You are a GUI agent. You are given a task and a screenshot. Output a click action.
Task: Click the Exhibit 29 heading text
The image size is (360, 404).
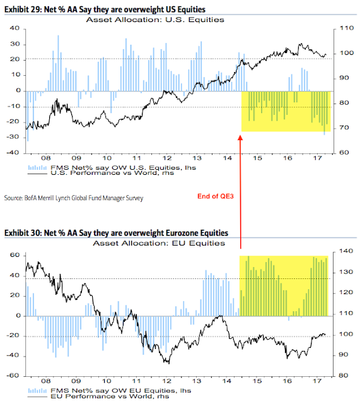tap(105, 9)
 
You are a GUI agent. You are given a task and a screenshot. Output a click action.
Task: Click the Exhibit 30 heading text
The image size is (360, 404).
tap(116, 233)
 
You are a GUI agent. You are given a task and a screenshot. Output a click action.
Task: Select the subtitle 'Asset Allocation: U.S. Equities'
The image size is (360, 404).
tap(155, 20)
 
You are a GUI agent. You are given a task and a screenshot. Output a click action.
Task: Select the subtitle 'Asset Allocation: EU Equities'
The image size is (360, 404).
tap(159, 243)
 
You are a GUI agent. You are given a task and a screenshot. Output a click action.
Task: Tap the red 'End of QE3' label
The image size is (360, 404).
tap(216, 196)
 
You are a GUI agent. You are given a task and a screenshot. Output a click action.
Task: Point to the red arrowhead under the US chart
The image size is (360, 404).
tap(240, 138)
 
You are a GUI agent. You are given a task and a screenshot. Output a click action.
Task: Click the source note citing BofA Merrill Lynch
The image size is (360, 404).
tap(74, 198)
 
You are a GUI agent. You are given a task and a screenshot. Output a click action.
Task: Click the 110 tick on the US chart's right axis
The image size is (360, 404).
tap(347, 28)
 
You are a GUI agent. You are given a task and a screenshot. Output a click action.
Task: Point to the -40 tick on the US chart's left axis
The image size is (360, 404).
tap(13, 153)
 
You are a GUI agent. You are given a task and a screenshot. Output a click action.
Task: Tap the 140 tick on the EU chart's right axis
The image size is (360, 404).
tap(346, 251)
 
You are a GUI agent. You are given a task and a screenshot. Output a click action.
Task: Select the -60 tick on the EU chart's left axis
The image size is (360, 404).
tap(13, 376)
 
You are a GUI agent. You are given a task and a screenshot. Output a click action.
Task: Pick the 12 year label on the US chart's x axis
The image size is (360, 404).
tap(167, 158)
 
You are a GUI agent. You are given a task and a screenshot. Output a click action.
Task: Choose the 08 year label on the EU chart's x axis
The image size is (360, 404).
tap(46, 381)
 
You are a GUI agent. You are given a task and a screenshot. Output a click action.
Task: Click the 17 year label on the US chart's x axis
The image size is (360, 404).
tap(318, 158)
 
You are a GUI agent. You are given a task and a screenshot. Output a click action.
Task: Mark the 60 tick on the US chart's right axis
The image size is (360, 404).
tap(344, 153)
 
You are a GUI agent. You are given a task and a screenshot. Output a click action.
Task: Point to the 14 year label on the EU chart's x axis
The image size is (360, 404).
tap(227, 381)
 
